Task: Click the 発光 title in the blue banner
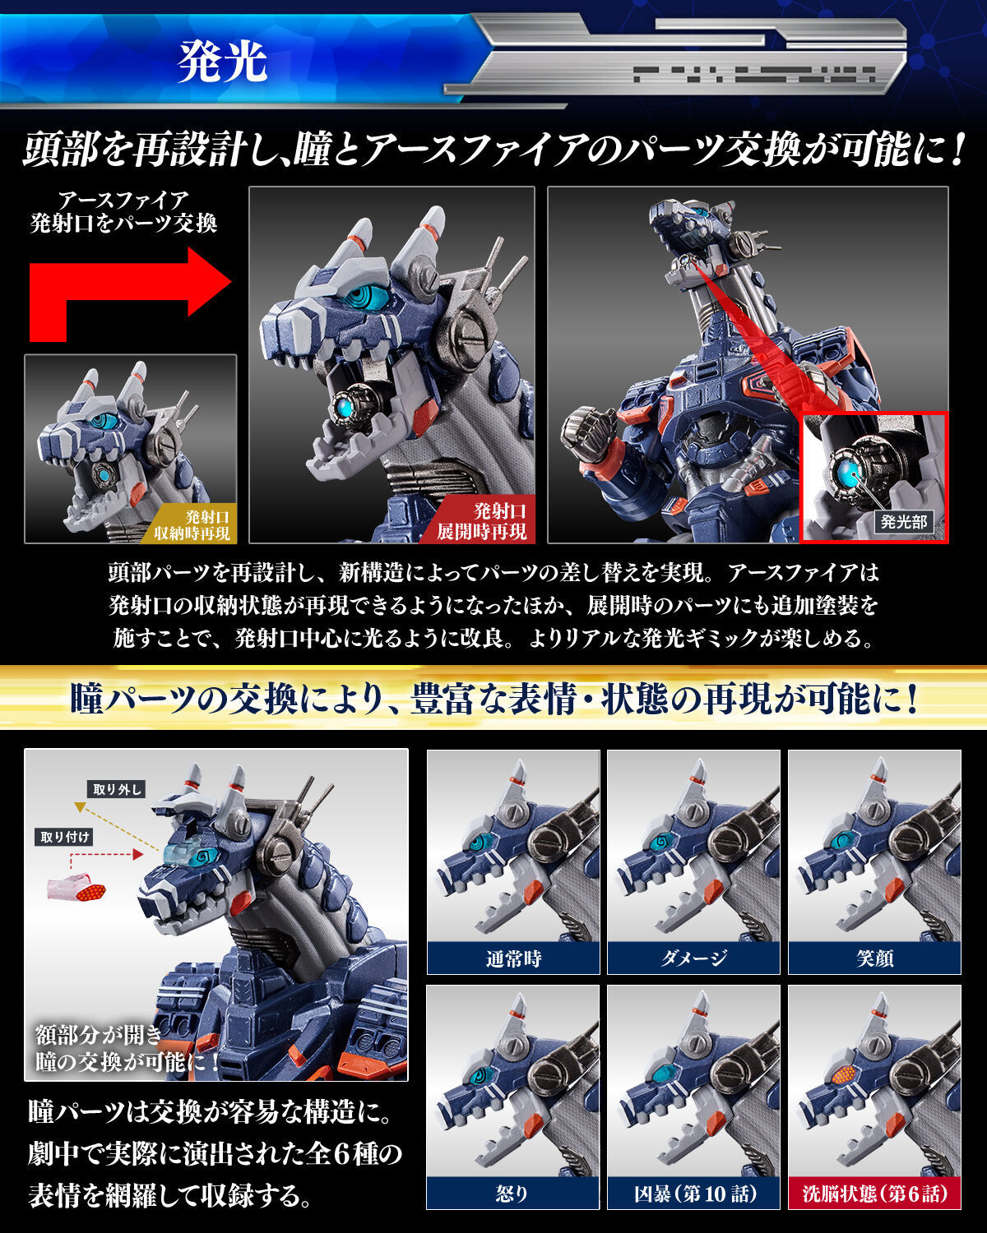[x=222, y=62]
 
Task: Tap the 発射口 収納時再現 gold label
[x=195, y=525]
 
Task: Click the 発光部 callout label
[x=903, y=521]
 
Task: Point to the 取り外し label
[x=117, y=790]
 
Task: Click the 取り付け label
[x=66, y=837]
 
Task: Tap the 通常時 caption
[x=512, y=958]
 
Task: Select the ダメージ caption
[x=693, y=958]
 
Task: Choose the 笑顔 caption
[x=874, y=958]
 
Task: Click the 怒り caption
[x=512, y=1193]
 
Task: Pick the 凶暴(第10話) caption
[x=693, y=1193]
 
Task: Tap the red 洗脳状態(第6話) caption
[x=874, y=1193]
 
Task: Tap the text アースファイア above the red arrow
[x=123, y=200]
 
